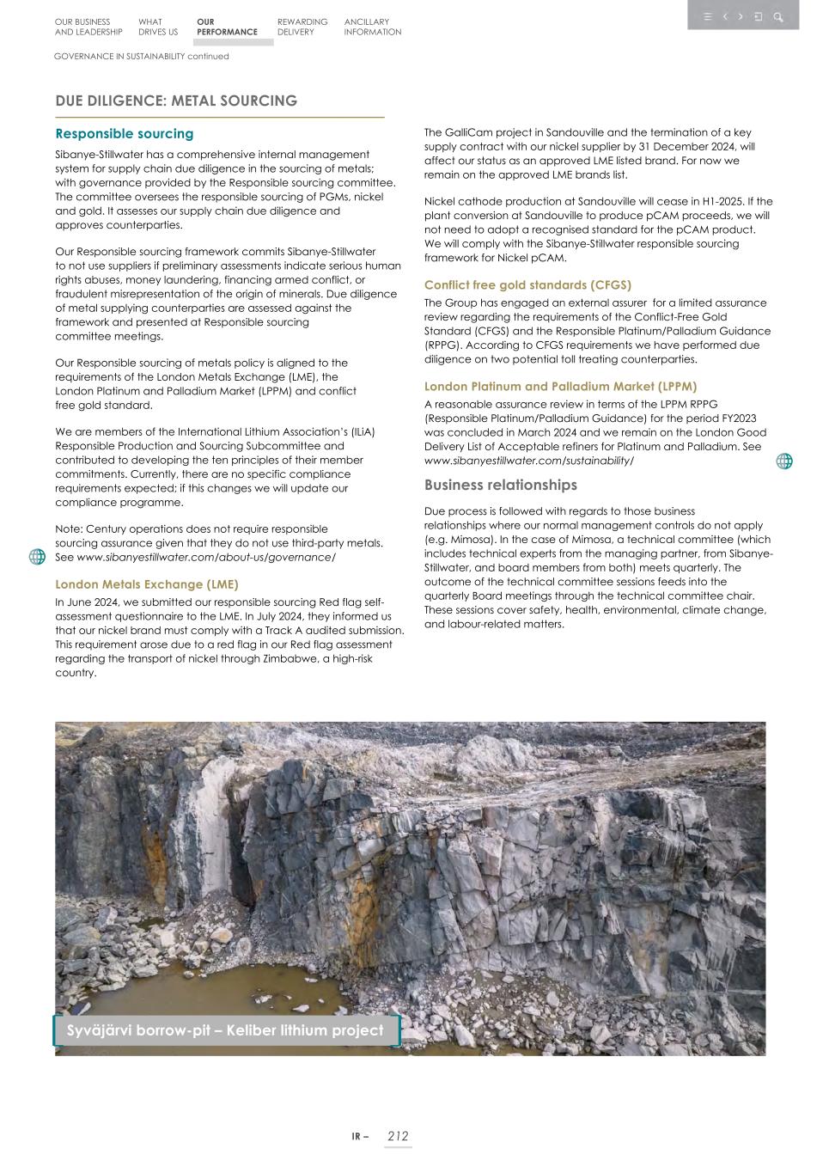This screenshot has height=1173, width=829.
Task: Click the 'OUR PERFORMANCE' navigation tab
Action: point(226,27)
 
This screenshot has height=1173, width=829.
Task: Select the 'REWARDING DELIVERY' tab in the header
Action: point(302,27)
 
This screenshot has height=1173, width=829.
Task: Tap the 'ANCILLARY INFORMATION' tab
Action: point(372,27)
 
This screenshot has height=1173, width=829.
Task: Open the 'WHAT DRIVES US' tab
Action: point(157,27)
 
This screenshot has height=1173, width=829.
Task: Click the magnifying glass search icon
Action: point(778,16)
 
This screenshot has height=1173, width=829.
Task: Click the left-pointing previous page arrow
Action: point(725,16)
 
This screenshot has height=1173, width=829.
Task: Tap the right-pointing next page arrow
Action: point(741,16)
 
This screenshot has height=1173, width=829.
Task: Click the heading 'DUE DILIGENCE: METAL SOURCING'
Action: point(176,101)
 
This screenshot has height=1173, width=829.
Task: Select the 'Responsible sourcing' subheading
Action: point(125,134)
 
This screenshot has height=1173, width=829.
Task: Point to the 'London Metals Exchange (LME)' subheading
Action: point(147,584)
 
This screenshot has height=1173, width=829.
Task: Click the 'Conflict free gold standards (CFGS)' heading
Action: point(527,284)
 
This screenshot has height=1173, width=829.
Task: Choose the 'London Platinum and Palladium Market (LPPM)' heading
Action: point(560,387)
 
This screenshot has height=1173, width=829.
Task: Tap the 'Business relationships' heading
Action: point(500,485)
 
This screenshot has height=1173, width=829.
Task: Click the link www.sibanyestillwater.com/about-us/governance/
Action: point(205,557)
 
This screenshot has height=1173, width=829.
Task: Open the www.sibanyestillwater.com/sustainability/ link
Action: point(528,461)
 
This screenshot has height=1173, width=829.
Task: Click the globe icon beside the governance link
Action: point(37,557)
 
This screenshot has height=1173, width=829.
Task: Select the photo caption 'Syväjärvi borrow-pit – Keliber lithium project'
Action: point(225,1030)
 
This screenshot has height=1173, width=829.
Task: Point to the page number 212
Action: point(398,1136)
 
